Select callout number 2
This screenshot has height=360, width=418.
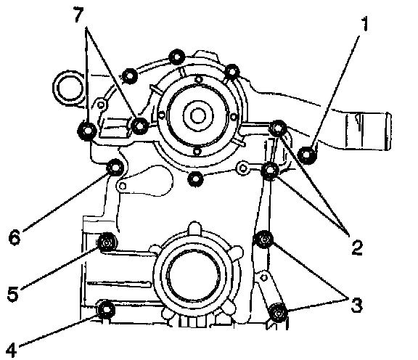point(357,247)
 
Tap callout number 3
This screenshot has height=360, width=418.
point(356,305)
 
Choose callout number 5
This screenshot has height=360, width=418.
point(13,294)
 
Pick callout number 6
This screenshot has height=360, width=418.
point(15,237)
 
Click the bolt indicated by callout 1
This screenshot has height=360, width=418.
point(307,155)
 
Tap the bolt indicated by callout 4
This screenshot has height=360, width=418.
point(107,309)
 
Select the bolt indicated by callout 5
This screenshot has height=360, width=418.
point(107,242)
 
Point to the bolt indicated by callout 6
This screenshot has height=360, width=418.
point(115,168)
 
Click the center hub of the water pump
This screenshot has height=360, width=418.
point(198,115)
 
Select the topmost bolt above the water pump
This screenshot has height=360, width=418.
point(177,57)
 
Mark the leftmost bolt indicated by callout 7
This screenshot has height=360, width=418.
point(86,131)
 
